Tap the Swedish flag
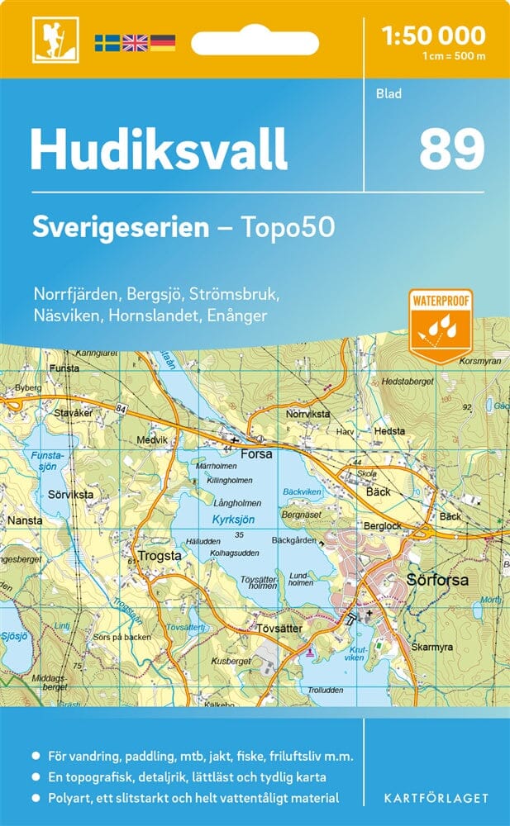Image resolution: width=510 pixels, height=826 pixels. pyautogui.click(x=107, y=42)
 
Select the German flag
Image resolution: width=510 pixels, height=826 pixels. pyautogui.click(x=163, y=42)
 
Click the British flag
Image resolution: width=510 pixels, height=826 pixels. pyautogui.click(x=135, y=42)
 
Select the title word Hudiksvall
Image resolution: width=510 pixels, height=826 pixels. pyautogui.click(x=159, y=150)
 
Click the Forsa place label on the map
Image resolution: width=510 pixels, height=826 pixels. pyautogui.click(x=256, y=453)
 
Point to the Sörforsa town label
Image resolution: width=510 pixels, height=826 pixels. pyautogui.click(x=437, y=580)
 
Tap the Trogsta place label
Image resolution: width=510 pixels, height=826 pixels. pyautogui.click(x=160, y=556)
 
